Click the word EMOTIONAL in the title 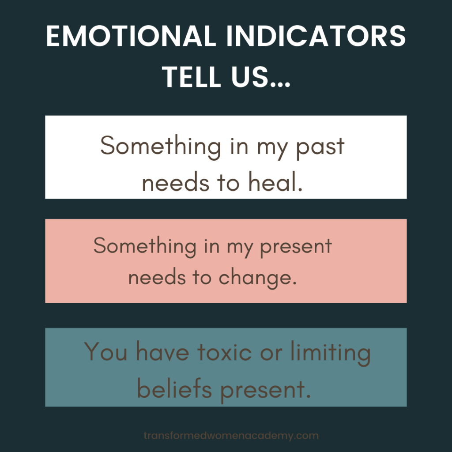[x=131, y=36]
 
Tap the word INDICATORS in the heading [x=316, y=36]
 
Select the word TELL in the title [x=192, y=77]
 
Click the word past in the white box [x=320, y=147]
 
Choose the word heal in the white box [x=275, y=181]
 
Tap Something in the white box [x=161, y=147]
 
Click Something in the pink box [x=145, y=246]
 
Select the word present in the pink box [x=296, y=247]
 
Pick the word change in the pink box [x=257, y=278]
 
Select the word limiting [x=331, y=353]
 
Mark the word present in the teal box [x=265, y=391]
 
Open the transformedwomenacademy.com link [x=231, y=436]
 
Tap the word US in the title [x=250, y=77]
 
